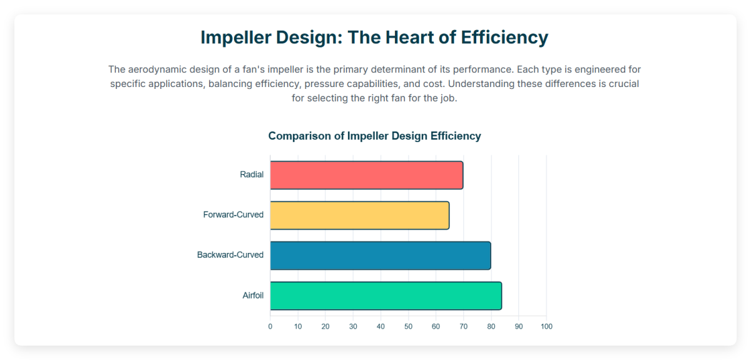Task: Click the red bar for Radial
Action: click(x=366, y=175)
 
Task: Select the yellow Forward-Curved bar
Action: click(x=359, y=215)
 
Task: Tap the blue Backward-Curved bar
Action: click(x=380, y=255)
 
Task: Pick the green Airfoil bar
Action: click(x=386, y=296)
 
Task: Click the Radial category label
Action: click(x=252, y=175)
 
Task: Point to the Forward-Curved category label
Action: click(x=233, y=215)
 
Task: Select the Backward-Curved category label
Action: click(x=230, y=255)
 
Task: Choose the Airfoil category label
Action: click(x=253, y=296)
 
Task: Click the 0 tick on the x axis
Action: click(x=270, y=327)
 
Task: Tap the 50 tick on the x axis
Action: click(x=408, y=327)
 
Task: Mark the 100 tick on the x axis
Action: click(x=546, y=327)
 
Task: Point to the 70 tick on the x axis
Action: click(x=464, y=327)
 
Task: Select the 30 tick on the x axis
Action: click(x=353, y=327)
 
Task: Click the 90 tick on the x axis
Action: click(x=519, y=327)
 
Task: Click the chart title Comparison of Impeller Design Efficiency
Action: click(x=374, y=136)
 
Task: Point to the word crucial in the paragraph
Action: click(x=622, y=84)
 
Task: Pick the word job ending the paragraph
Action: click(x=448, y=99)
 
